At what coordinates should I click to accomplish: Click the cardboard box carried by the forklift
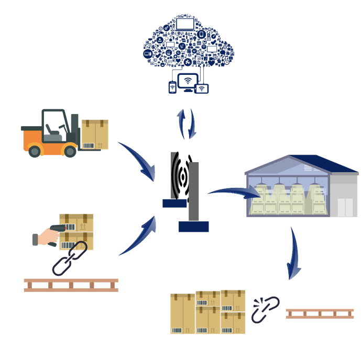coord(95,134)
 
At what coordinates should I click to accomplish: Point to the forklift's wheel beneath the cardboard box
coord(69,150)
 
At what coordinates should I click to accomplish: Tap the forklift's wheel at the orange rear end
coord(35,151)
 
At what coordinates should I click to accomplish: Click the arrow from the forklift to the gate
coord(137,160)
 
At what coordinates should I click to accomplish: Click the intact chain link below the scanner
coord(69,259)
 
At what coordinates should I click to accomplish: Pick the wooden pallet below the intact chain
coord(71,285)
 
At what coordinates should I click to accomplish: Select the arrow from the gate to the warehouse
coord(234,193)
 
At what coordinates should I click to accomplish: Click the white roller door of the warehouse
coord(347,207)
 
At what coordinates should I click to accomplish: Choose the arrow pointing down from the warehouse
coord(294,254)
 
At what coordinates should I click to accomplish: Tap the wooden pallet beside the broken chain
coord(319,313)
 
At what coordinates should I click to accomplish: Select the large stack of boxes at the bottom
coord(208,312)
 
